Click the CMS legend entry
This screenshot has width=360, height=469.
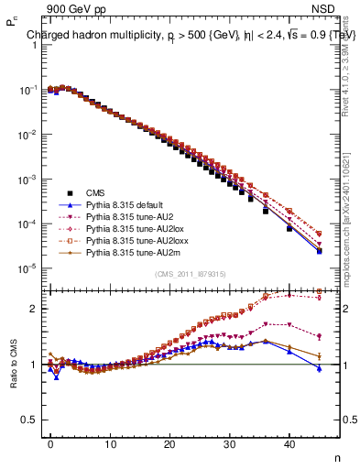[x=96, y=192]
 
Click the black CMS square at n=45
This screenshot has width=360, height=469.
[x=320, y=251]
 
